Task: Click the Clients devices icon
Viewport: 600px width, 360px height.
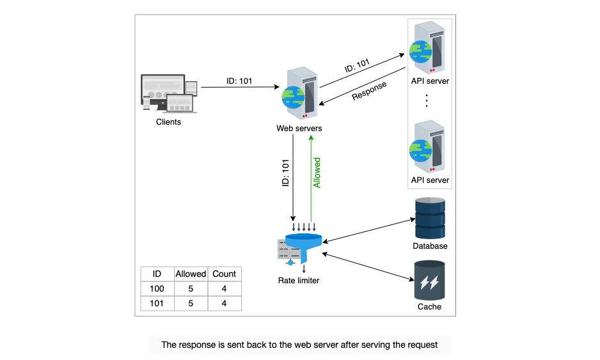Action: tap(169, 93)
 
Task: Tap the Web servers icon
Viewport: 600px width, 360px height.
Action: tap(299, 93)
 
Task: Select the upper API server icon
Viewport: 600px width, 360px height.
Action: tap(427, 47)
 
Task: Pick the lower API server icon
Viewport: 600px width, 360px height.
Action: tap(427, 146)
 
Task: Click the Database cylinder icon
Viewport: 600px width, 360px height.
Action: tap(430, 218)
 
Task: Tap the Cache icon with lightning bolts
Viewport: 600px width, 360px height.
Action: tap(429, 281)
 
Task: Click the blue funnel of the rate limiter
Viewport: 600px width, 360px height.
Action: tap(303, 247)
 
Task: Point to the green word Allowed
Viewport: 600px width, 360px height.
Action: tap(317, 173)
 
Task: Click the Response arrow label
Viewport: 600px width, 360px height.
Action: tap(369, 91)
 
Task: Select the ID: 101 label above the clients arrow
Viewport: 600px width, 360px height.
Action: tap(239, 81)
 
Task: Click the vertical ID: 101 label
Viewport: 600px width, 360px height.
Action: tap(285, 173)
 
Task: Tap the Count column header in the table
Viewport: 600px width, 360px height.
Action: tap(225, 274)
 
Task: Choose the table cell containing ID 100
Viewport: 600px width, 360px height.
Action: tap(157, 288)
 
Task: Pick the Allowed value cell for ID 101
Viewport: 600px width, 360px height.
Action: tap(191, 303)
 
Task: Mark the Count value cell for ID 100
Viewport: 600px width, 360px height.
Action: tap(225, 288)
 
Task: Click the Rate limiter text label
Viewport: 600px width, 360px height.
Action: tap(299, 281)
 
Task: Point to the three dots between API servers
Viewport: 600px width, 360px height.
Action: tap(427, 100)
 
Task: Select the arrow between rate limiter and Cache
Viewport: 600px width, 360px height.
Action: tap(368, 267)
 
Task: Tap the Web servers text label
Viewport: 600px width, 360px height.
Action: tap(299, 128)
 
